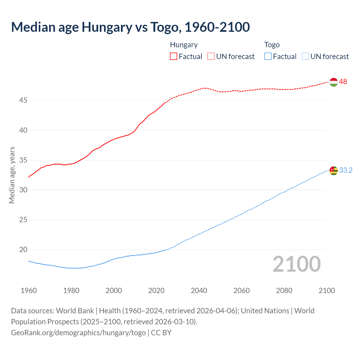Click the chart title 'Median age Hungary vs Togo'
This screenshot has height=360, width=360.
pyautogui.click(x=130, y=27)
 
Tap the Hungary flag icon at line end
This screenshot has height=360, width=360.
pyautogui.click(x=333, y=82)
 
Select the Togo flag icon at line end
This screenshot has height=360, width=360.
pyautogui.click(x=333, y=170)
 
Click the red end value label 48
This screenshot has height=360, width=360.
pyautogui.click(x=343, y=82)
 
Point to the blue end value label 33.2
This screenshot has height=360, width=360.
pyautogui.click(x=346, y=170)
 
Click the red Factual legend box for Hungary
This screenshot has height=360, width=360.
pyautogui.click(x=174, y=57)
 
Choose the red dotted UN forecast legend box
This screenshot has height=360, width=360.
pyautogui.click(x=211, y=57)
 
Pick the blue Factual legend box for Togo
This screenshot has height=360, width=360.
pyautogui.click(x=268, y=57)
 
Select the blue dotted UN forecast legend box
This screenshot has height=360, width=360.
pyautogui.click(x=305, y=57)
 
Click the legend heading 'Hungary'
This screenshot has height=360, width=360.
pyautogui.click(x=184, y=45)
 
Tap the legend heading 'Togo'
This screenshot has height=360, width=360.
pyautogui.click(x=272, y=45)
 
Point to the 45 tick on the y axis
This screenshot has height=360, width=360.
pyautogui.click(x=23, y=100)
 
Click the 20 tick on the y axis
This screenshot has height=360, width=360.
pyautogui.click(x=23, y=250)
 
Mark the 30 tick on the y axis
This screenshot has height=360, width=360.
pyautogui.click(x=23, y=190)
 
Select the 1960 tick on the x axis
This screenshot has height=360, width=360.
pyautogui.click(x=29, y=291)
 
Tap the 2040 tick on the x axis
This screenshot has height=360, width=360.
pyautogui.click(x=199, y=291)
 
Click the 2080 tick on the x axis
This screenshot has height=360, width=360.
pyautogui.click(x=284, y=291)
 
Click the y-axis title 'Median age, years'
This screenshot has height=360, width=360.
pyautogui.click(x=12, y=175)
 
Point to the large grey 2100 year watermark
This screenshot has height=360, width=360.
pyautogui.click(x=296, y=264)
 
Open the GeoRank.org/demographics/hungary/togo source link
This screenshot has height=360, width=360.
pyautogui.click(x=78, y=333)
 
